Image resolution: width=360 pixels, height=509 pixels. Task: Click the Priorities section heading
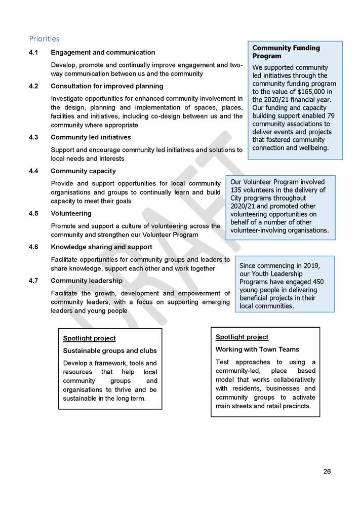pos(44,38)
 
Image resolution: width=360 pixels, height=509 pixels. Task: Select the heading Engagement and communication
pos(103,53)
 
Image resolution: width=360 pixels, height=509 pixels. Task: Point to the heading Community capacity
pos(83,171)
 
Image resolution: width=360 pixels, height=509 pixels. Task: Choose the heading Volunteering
pos(71,213)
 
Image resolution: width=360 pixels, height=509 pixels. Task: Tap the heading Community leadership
pos(86,281)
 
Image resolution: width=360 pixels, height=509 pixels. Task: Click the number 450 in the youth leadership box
pos(316,282)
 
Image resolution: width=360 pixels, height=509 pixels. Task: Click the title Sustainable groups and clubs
pos(110,350)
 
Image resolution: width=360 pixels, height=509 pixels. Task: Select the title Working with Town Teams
pos(257,349)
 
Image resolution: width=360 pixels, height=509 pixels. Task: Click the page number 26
pos(327,472)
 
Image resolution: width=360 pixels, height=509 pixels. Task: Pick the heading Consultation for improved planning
pos(107,86)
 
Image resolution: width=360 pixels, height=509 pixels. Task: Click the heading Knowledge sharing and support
pos(101,247)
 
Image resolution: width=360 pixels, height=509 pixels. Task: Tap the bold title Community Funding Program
pos(286,52)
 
